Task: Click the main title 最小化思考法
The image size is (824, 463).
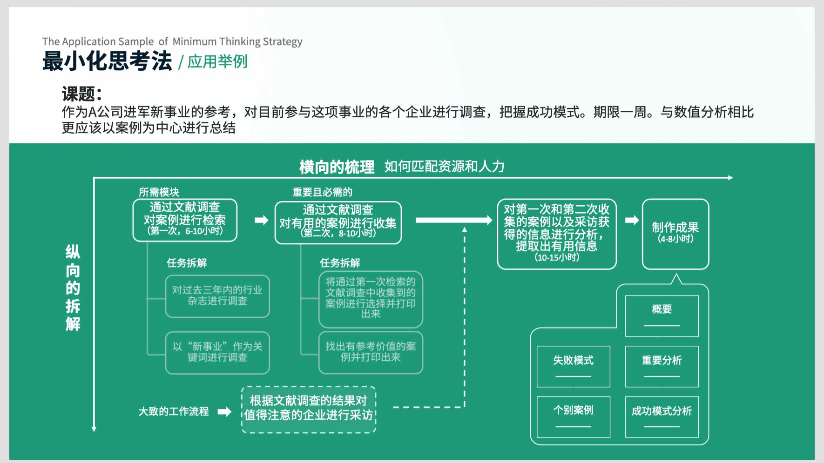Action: (107, 61)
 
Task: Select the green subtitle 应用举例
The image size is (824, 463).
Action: (217, 61)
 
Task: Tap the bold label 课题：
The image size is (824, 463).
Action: (82, 94)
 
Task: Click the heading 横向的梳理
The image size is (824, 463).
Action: (337, 167)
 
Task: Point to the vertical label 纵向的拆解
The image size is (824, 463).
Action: (73, 288)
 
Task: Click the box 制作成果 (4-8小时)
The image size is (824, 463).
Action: (675, 234)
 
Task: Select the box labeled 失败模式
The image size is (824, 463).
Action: (574, 366)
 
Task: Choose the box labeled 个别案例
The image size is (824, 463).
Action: (574, 416)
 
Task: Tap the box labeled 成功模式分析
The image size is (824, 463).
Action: (662, 416)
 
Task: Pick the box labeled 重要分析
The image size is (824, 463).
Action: (662, 366)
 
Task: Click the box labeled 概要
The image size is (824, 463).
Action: (662, 315)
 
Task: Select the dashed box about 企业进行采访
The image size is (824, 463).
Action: (309, 409)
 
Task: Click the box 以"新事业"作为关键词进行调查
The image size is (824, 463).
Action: (217, 352)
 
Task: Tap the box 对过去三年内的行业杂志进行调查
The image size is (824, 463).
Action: (217, 296)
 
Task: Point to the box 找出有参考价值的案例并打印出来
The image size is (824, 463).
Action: (371, 352)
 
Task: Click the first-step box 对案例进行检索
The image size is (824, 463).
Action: (185, 220)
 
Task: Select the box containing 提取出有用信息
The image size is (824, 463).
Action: (557, 234)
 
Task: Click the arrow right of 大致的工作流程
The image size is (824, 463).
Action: (224, 411)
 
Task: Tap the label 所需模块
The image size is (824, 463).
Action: (159, 192)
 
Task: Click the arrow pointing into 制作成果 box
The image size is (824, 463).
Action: (632, 220)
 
